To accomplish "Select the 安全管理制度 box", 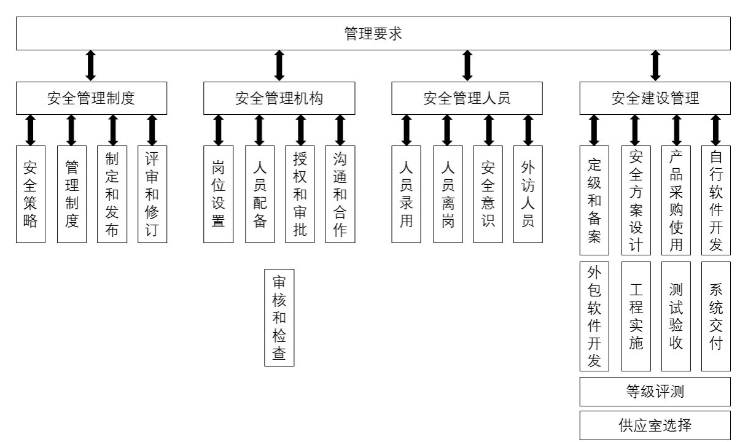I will (91, 98).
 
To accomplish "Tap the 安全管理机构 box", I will (279, 98).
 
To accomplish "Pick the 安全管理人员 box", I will (467, 98).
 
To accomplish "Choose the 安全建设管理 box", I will (655, 98).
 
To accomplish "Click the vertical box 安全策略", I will (31, 194).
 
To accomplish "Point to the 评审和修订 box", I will (152, 194).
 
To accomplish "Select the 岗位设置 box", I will (219, 194).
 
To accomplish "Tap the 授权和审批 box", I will (300, 194).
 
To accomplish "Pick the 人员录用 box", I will (407, 194).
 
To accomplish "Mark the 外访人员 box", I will (528, 194).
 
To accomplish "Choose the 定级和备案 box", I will (594, 200).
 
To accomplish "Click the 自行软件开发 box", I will (716, 200).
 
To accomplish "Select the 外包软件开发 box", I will (594, 316).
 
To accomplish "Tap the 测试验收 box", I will (676, 316).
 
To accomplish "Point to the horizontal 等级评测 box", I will (655, 392).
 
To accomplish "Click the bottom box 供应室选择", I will (655, 425).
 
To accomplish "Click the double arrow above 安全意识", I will (489, 130).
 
